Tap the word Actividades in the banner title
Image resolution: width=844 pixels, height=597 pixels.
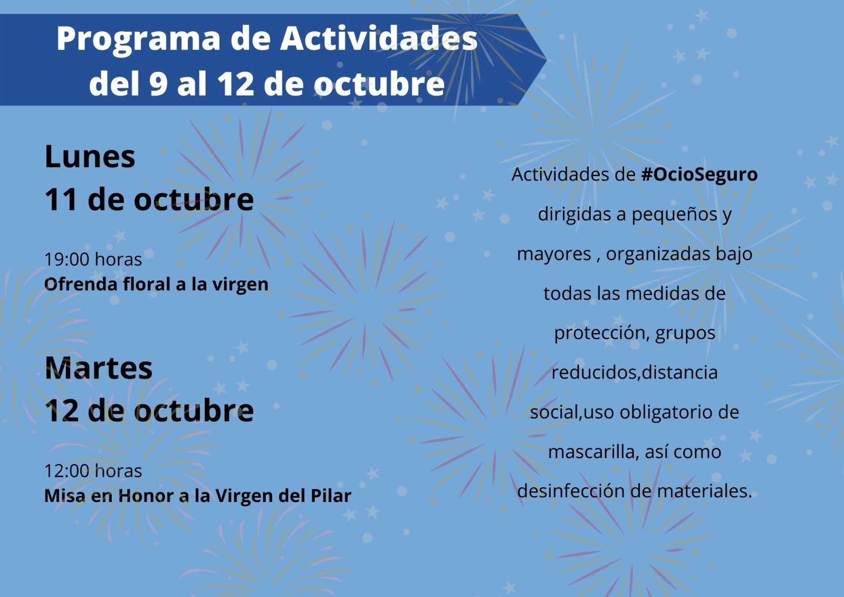(x=379, y=38)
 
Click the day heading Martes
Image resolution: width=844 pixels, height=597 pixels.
(x=98, y=367)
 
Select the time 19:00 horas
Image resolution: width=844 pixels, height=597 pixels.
(x=93, y=260)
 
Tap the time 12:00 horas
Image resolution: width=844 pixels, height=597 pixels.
(x=93, y=471)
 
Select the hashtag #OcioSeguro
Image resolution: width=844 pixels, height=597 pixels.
(x=699, y=175)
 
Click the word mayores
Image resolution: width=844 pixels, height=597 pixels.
(x=554, y=254)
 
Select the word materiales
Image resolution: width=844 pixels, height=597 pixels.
(x=705, y=491)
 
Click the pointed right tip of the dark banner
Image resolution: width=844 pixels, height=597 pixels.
(x=546, y=59)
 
